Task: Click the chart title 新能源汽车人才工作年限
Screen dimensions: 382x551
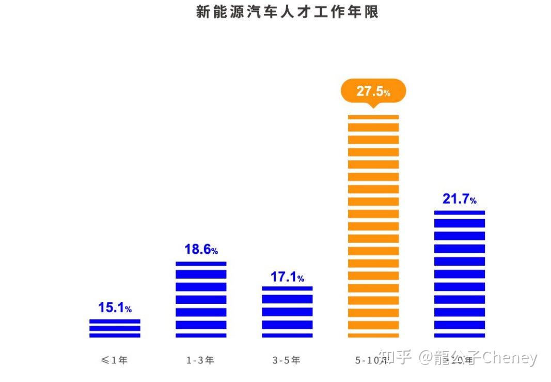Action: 287,12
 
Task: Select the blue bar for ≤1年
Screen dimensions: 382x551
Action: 115,328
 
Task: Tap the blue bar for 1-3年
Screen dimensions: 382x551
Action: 201,300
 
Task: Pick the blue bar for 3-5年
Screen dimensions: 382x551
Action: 287,312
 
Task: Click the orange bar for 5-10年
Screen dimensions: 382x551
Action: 373,226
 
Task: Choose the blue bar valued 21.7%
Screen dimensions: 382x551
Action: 460,274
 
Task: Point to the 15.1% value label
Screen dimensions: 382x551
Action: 115,308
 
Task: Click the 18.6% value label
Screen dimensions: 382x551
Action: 201,250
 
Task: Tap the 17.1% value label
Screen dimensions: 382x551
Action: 287,277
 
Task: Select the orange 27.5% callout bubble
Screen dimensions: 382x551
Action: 373,91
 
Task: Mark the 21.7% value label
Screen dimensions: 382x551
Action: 460,198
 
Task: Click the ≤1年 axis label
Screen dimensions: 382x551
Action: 114,360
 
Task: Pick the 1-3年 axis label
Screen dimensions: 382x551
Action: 200,360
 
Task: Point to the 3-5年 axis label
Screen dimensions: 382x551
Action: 287,360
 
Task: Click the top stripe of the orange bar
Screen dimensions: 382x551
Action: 373,117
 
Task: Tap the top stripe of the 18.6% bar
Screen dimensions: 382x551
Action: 201,264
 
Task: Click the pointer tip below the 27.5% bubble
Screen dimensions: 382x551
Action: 373,108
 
